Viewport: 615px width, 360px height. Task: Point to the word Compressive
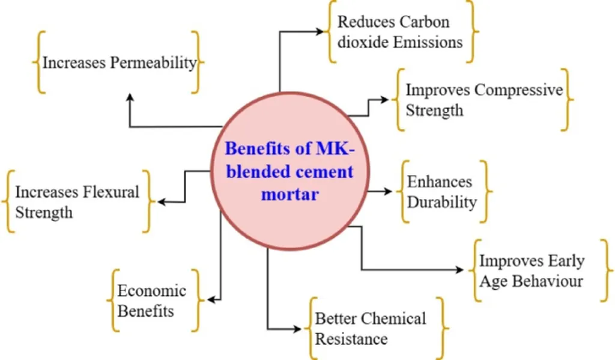518,90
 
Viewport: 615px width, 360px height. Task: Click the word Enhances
440,182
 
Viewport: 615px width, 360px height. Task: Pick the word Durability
442,202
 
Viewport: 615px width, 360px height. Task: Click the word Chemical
394,319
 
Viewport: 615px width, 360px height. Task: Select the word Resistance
351,338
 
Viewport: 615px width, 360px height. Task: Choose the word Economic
151,291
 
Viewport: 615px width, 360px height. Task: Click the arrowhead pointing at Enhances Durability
389,192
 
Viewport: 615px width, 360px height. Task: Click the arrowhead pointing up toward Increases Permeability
130,97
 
